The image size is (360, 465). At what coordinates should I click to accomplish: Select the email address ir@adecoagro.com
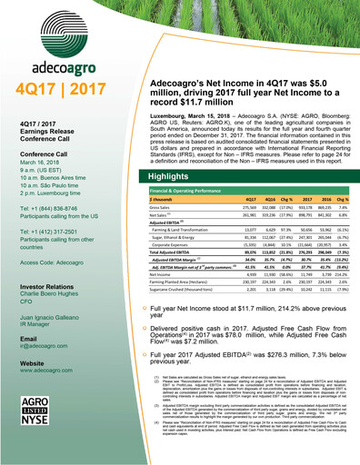coord(46,372)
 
